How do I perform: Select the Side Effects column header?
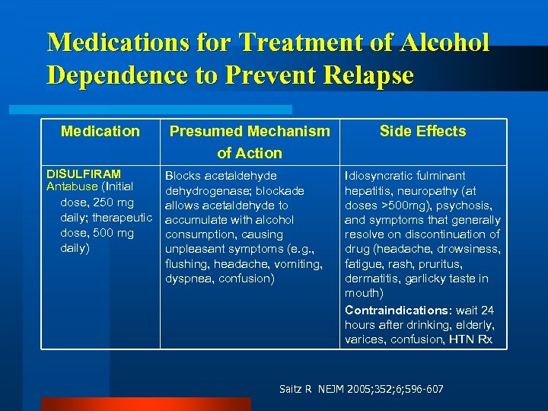pyautogui.click(x=423, y=131)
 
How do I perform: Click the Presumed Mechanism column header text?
pyautogui.click(x=250, y=131)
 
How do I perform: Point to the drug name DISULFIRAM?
pyautogui.click(x=84, y=174)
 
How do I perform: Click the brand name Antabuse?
pyautogui.click(x=72, y=186)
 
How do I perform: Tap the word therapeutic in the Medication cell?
pyautogui.click(x=123, y=218)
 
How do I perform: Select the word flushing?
pyautogui.click(x=187, y=264)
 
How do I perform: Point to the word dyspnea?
pyautogui.click(x=189, y=279)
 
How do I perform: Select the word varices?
pyautogui.click(x=365, y=339)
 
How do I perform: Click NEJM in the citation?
pyautogui.click(x=323, y=390)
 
